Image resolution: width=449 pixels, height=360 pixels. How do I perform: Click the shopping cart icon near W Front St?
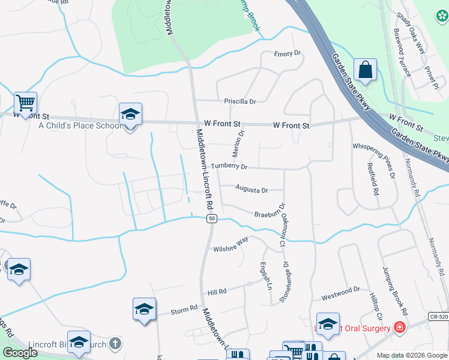pyautogui.click(x=25, y=103)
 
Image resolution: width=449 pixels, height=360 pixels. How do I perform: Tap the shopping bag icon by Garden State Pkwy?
pyautogui.click(x=364, y=70)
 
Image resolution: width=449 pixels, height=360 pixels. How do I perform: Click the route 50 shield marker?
pyautogui.click(x=212, y=219)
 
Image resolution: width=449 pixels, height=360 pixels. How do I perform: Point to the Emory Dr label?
pyautogui.click(x=287, y=54)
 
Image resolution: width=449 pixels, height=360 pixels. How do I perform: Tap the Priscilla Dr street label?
pyautogui.click(x=240, y=102)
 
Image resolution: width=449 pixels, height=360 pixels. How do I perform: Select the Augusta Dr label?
pyautogui.click(x=252, y=190)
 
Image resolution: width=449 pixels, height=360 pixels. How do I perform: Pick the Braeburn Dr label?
pyautogui.click(x=268, y=214)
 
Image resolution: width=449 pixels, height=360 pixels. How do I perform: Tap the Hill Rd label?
pyautogui.click(x=217, y=292)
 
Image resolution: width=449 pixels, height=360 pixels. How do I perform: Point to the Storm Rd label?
pyautogui.click(x=184, y=310)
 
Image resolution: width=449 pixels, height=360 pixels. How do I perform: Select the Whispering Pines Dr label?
pyautogui.click(x=373, y=161)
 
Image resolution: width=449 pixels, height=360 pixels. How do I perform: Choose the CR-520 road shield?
pyautogui.click(x=438, y=316)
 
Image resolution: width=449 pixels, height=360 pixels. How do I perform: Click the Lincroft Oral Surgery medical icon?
pyautogui.click(x=399, y=328)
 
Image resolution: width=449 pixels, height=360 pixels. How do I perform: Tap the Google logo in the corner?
pyautogui.click(x=20, y=352)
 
